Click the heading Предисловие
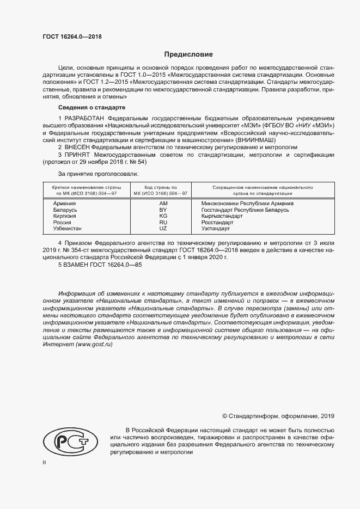point(189,54)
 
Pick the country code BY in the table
point(162,210)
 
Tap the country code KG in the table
point(162,216)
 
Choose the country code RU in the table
point(162,223)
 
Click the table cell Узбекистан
point(68,229)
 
